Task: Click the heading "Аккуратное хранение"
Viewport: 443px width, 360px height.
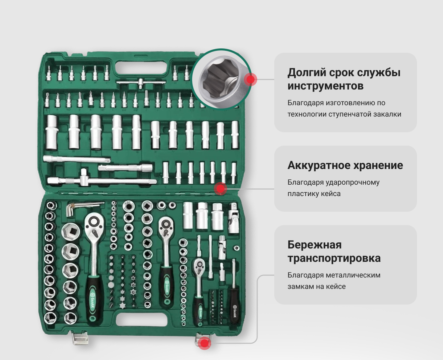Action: [x=345, y=165]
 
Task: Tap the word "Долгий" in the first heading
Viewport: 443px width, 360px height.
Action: [x=307, y=73]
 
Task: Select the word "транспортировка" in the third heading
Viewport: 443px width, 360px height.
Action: [x=334, y=258]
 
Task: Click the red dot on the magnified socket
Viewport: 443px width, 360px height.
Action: [x=251, y=79]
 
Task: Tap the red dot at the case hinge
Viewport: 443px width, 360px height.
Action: [x=220, y=189]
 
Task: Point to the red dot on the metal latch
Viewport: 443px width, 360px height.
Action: [x=204, y=343]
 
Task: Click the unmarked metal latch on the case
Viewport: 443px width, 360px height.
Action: [x=80, y=338]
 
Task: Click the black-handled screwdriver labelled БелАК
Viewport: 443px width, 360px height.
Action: [x=234, y=292]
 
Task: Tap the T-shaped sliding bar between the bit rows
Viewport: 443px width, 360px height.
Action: [x=141, y=82]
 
